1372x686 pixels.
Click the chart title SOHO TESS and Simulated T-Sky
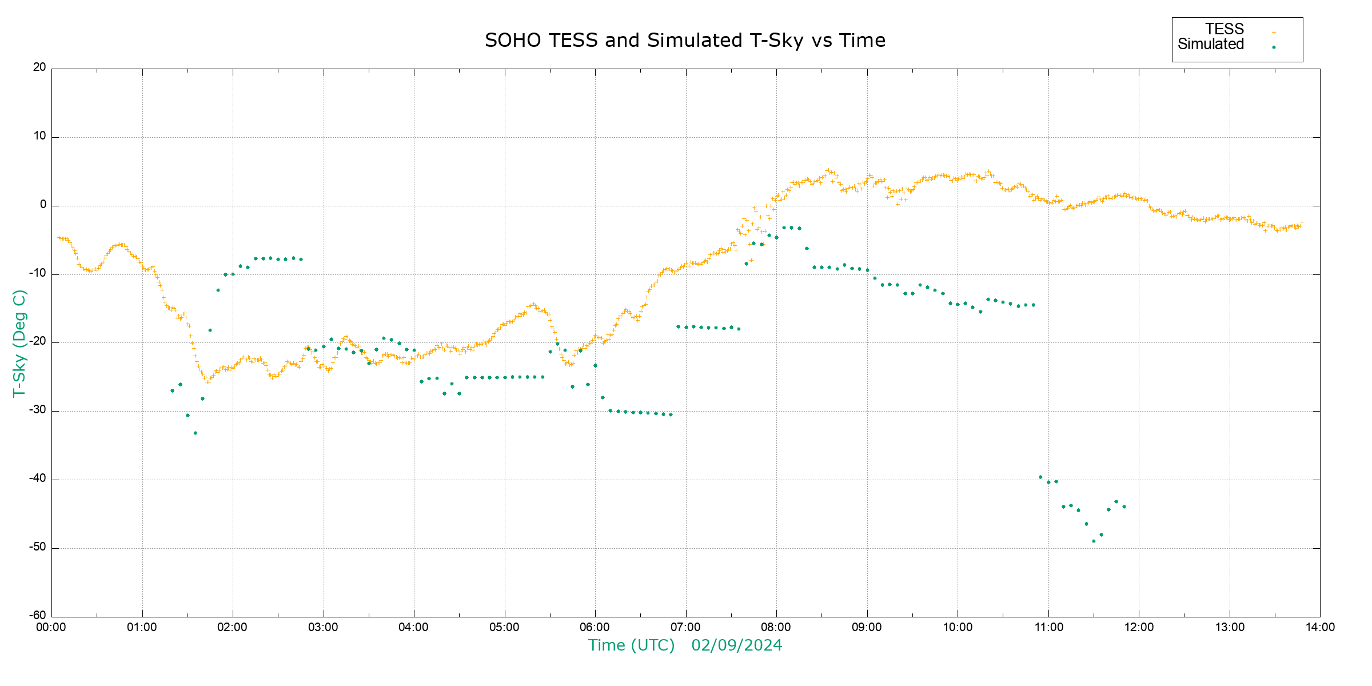685,41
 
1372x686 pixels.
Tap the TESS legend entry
1225,29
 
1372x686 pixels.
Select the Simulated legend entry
1211,45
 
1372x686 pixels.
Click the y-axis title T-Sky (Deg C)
19,343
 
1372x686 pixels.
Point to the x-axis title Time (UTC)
631,645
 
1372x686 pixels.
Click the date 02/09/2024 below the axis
736,645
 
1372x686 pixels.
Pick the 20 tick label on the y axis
39,67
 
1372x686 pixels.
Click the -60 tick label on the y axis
38,616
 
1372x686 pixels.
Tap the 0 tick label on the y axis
43,205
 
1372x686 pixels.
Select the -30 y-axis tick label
38,410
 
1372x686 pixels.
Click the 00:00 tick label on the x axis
51,627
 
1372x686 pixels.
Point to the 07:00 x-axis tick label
685,627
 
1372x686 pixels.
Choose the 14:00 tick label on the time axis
1320,627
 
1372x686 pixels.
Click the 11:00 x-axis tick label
1048,627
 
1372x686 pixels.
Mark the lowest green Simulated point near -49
1094,541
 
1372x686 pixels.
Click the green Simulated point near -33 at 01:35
195,433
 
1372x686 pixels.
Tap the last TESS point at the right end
1302,222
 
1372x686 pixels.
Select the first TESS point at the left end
59,238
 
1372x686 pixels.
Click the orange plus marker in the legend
1274,32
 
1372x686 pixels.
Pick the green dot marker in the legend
1274,47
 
